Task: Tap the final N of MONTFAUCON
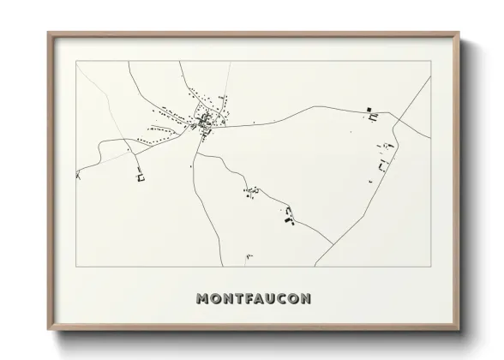tap(306, 299)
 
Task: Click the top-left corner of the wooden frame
tap(49, 33)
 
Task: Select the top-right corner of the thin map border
tap(430, 62)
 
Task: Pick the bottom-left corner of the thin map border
tap(76, 267)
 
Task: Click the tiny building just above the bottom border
tap(249, 255)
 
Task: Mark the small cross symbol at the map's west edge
tap(78, 175)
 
